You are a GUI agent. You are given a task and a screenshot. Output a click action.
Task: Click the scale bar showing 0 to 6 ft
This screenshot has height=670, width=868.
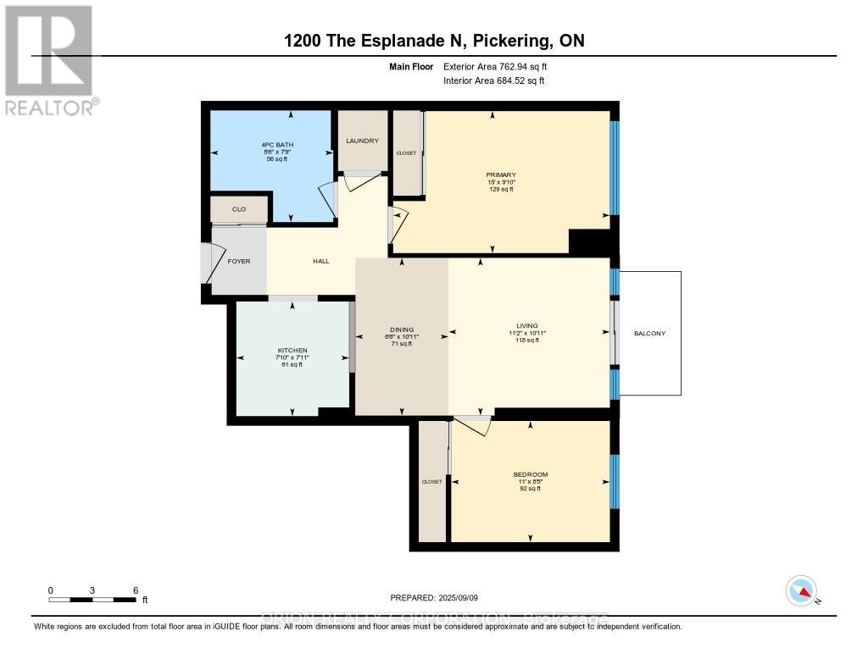point(92,599)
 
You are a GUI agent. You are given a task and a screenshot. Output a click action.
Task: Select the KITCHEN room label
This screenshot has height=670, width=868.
point(292,351)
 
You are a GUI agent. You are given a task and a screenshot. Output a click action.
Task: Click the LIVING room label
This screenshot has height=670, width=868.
point(527,325)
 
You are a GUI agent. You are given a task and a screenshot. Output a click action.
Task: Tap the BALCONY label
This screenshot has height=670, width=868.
point(649,333)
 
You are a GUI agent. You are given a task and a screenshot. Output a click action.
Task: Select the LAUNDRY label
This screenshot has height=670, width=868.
point(362,141)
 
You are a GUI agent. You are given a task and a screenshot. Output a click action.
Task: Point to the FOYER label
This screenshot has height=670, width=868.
point(239,261)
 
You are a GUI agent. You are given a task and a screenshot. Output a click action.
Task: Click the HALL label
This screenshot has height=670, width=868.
point(320,261)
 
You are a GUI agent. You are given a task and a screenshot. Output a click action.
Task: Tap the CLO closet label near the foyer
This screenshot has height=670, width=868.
point(239,208)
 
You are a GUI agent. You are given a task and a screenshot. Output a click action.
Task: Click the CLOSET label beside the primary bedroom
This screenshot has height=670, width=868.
point(406,153)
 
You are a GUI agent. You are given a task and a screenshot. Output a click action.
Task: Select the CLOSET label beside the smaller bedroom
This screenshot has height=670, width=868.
point(431,481)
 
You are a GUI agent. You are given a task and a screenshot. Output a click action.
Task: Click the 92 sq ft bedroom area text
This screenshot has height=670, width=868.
point(531,489)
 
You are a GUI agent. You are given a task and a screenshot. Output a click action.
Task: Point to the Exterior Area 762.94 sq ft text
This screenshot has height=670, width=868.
point(501,66)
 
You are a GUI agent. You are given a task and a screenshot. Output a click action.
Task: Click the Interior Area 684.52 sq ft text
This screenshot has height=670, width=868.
point(493,80)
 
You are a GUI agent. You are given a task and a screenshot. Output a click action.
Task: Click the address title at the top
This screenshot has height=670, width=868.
point(433,41)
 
